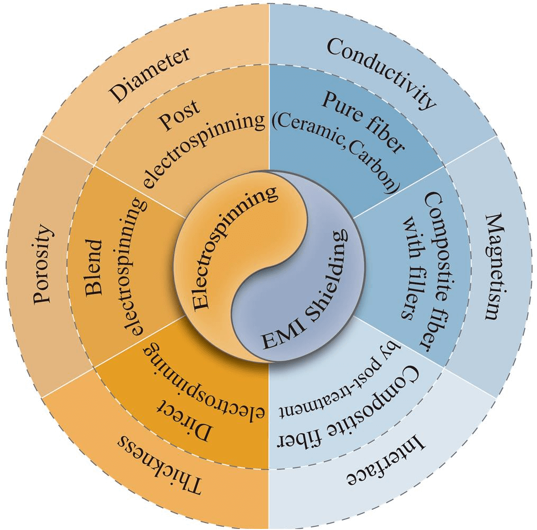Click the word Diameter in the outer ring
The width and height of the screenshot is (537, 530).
pyautogui.click(x=150, y=75)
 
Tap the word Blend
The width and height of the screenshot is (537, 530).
pyautogui.click(x=95, y=265)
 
